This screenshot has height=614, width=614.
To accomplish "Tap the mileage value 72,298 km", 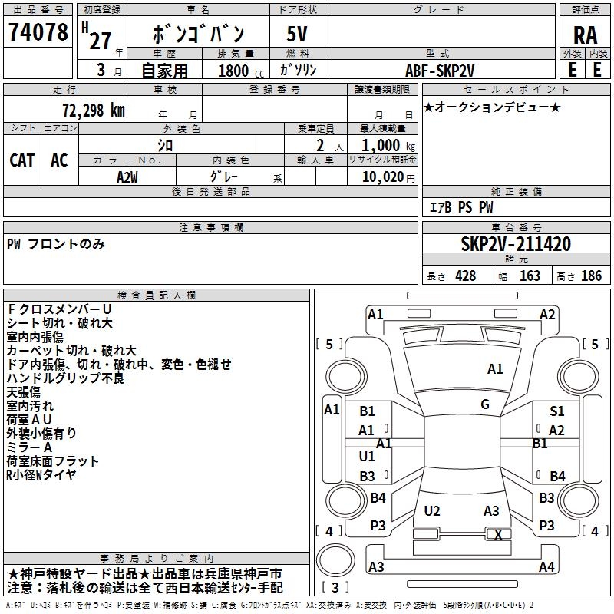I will tap(91, 110).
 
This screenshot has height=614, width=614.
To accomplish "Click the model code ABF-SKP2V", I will tap(441, 70).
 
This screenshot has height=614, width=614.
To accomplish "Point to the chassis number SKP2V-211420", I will tap(516, 244).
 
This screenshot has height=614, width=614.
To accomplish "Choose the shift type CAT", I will tap(22, 160).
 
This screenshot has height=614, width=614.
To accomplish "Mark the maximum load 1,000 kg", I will tap(384, 145).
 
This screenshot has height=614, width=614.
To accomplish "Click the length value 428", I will tap(465, 276).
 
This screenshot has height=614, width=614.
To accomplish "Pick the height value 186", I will tap(591, 276).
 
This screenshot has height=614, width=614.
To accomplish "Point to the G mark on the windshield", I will tap(485, 404).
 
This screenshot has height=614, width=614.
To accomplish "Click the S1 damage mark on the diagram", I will tap(557, 411).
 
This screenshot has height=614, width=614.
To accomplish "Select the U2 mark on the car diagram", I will tap(432, 510).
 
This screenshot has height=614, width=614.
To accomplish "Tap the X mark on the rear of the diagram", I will tap(498, 535).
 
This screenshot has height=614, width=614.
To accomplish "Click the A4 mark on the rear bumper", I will tap(546, 566).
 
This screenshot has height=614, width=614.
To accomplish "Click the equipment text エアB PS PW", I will tap(460, 207).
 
